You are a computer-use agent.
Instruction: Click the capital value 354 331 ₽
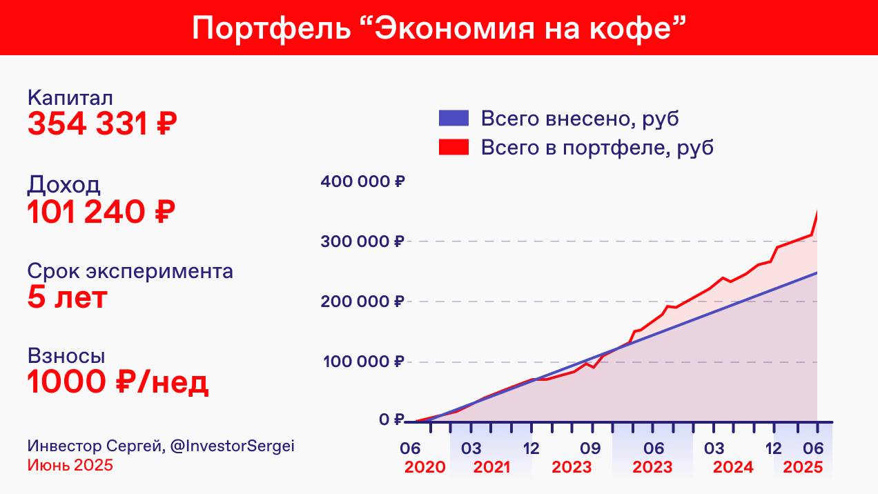pos(102,124)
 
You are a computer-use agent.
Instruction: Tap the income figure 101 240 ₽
pos(101,212)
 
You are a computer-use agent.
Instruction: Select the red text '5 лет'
pos(68,298)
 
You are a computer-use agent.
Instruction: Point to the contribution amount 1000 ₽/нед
pos(117,383)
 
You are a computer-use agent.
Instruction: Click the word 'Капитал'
pos(70,98)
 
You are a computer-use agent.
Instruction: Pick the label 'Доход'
pos(64,185)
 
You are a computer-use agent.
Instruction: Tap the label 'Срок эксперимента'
pos(130,271)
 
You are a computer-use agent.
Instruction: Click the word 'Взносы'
pos(66,356)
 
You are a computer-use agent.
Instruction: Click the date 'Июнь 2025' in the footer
pos(70,465)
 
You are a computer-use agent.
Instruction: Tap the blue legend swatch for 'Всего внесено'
pos(453,118)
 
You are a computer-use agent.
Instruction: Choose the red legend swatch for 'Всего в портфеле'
pos(453,147)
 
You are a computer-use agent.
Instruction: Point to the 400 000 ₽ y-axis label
pos(362,182)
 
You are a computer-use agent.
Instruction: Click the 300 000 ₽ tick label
pos(362,241)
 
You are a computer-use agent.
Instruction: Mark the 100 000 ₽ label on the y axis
pos(362,362)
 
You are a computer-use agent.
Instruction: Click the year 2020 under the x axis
pos(425,467)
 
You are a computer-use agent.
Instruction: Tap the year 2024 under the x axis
pos(733,467)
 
